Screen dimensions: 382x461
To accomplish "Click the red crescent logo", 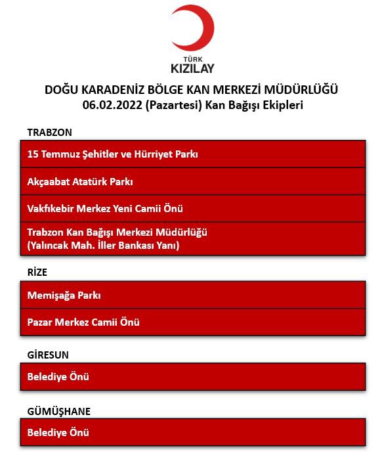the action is (192, 28).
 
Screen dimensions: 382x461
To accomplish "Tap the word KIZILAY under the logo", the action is (192, 68).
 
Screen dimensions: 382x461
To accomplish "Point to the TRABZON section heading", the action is (50, 132).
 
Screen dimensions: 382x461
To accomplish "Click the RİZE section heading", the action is (37, 273).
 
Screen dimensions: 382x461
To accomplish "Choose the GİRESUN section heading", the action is (48, 355).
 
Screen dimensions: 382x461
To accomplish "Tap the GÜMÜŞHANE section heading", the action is (59, 411).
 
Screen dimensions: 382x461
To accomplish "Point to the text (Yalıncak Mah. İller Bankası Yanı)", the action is (104, 246).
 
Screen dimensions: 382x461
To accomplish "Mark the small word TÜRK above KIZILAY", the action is (192, 57).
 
